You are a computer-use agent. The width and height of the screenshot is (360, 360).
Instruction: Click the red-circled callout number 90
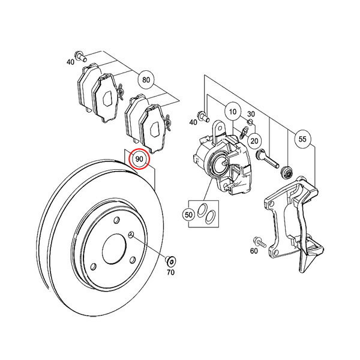coord(139,158)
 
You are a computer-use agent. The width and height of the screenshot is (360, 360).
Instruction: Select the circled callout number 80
coord(146,80)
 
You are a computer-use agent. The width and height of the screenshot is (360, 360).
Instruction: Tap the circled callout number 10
coord(233,112)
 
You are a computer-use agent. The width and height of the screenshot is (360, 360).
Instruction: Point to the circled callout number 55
coord(302,139)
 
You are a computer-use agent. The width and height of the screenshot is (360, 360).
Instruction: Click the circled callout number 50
coord(188,215)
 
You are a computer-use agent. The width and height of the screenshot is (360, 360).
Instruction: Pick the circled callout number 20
coord(254,140)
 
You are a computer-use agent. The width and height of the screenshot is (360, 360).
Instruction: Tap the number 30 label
coord(251,114)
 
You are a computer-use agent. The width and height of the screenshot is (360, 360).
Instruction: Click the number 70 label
coord(170,272)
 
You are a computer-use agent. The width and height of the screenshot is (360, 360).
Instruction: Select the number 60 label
coord(254,251)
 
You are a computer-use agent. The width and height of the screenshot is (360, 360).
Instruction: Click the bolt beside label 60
coord(259,242)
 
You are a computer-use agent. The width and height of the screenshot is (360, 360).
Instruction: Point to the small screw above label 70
coord(170,261)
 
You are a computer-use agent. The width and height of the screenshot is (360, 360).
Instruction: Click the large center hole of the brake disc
coord(114,249)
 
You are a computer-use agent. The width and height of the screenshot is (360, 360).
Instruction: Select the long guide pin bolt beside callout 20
coord(267,158)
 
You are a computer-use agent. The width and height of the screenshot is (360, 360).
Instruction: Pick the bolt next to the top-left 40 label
coord(81,56)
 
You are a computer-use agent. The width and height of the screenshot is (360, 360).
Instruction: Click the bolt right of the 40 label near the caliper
coord(203,116)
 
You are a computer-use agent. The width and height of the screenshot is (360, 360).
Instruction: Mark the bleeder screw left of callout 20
coord(244,133)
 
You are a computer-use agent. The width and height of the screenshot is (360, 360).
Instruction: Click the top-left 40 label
coord(70,62)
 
